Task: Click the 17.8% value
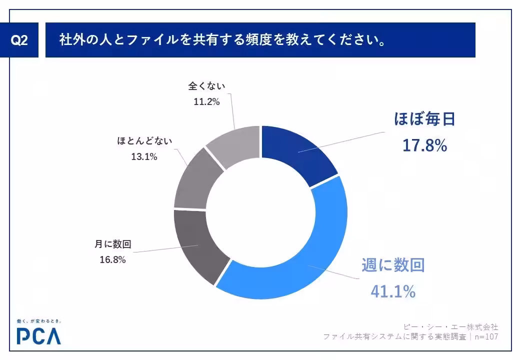[x=424, y=145]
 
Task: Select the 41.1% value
[x=393, y=291]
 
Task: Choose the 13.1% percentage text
[x=144, y=156]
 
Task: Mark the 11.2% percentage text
[x=206, y=101]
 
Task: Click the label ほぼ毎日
[x=424, y=120]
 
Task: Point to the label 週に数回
[x=393, y=265]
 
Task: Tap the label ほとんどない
[x=144, y=141]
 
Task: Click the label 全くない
[x=206, y=86]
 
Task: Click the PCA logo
[x=38, y=336]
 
